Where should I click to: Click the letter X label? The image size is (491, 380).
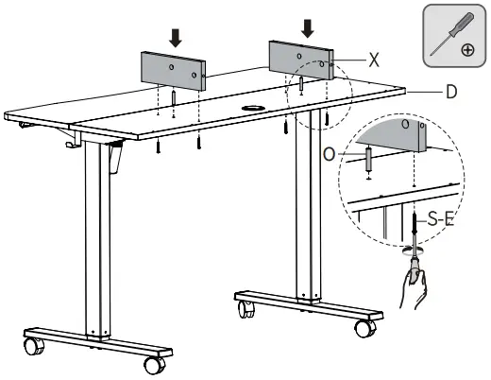pyautogui.click(x=374, y=60)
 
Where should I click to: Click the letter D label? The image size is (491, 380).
pyautogui.click(x=451, y=92)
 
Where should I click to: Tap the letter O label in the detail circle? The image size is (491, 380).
pyautogui.click(x=330, y=154)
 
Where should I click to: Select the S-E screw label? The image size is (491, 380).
pyautogui.click(x=441, y=219)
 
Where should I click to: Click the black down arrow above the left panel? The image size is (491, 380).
pyautogui.click(x=176, y=38)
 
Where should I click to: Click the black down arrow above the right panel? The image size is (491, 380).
pyautogui.click(x=308, y=28)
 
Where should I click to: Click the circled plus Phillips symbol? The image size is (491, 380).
pyautogui.click(x=467, y=50)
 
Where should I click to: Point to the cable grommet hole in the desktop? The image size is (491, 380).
pyautogui.click(x=252, y=108)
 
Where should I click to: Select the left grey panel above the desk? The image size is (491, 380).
pyautogui.click(x=173, y=71)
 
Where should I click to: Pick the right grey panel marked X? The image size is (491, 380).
pyautogui.click(x=301, y=60)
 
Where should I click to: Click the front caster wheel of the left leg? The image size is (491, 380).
pyautogui.click(x=155, y=366)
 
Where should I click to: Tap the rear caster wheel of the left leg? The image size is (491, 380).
pyautogui.click(x=34, y=346)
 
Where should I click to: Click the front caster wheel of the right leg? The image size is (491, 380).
pyautogui.click(x=365, y=329)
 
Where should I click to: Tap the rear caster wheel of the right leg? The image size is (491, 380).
pyautogui.click(x=246, y=309)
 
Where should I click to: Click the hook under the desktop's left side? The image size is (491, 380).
pyautogui.click(x=74, y=139)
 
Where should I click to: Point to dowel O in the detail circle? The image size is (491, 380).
pyautogui.click(x=369, y=160)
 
